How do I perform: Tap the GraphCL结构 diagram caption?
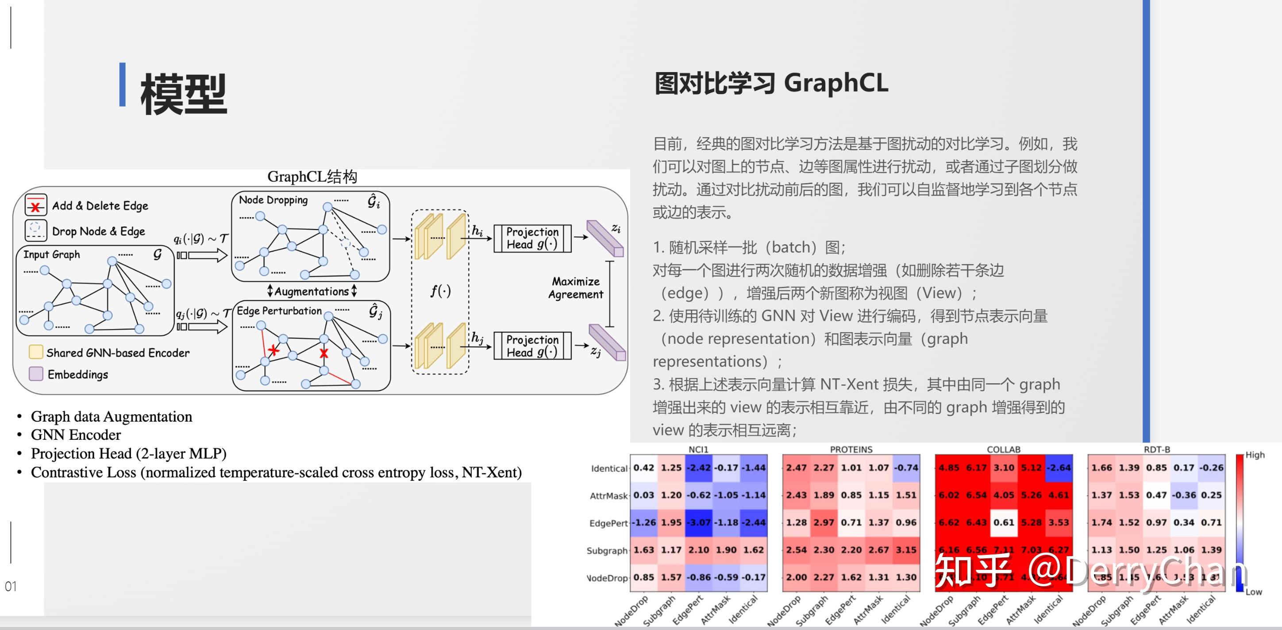pyautogui.click(x=312, y=177)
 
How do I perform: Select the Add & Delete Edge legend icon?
pyautogui.click(x=36, y=205)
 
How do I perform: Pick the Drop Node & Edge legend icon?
pyautogui.click(x=36, y=230)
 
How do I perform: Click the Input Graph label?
pyautogui.click(x=51, y=254)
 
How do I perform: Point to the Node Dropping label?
pyautogui.click(x=273, y=200)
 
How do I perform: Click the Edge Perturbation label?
pyautogui.click(x=279, y=311)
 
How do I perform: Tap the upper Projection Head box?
pyautogui.click(x=532, y=238)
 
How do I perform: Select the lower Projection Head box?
pyautogui.click(x=532, y=346)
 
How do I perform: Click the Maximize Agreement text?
pyautogui.click(x=576, y=288)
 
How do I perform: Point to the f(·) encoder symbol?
pyautogui.click(x=440, y=290)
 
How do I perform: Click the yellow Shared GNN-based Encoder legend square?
pyautogui.click(x=36, y=352)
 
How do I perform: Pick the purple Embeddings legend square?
pyautogui.click(x=36, y=374)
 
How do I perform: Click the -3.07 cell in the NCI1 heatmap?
pyautogui.click(x=698, y=522)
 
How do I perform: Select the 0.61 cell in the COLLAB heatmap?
pyautogui.click(x=1004, y=522)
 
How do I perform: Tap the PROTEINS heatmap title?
pyautogui.click(x=851, y=449)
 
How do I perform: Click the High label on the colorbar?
pyautogui.click(x=1255, y=455)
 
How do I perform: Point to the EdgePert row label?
pyautogui.click(x=608, y=523)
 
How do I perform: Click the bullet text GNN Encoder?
pyautogui.click(x=76, y=435)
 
